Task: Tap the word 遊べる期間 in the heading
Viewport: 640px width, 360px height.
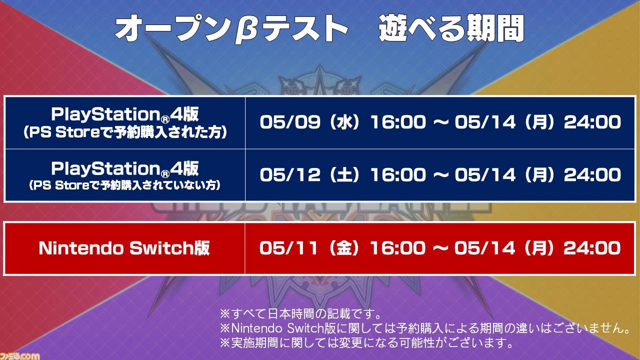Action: click(451, 28)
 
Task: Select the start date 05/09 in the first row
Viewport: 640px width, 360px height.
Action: click(290, 122)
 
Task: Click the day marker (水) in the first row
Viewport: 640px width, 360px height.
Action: click(344, 122)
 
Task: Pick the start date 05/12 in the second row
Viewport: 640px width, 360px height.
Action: click(290, 174)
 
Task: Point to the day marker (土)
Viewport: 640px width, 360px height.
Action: click(344, 174)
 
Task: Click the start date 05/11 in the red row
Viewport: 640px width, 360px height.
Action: click(288, 247)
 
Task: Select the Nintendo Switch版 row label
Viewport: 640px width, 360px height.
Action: click(124, 247)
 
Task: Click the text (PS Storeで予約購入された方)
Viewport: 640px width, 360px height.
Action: click(125, 132)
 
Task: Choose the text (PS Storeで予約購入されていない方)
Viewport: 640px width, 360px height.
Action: click(125, 185)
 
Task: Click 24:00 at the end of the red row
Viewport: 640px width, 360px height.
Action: click(591, 247)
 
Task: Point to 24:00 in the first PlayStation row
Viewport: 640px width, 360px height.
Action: click(592, 122)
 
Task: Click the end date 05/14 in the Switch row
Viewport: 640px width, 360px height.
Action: click(485, 247)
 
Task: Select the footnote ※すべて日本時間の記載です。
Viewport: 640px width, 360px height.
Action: click(300, 314)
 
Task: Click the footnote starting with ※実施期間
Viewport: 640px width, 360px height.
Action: click(366, 342)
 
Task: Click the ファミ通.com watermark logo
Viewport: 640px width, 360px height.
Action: click(19, 356)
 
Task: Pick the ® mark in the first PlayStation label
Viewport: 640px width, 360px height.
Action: click(165, 117)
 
